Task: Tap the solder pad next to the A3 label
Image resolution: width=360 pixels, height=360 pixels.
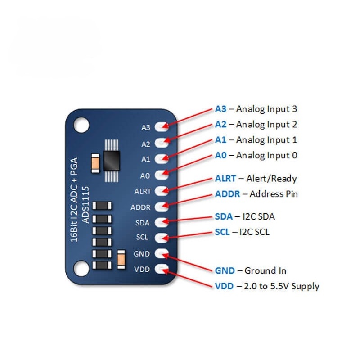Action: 161,127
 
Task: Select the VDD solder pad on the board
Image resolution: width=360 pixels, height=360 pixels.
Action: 161,270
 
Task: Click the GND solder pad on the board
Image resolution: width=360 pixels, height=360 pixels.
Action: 161,253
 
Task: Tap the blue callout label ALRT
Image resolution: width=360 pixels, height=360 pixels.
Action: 225,179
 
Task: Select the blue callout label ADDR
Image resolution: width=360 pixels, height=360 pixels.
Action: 227,194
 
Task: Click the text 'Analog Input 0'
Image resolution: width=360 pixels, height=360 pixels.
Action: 266,156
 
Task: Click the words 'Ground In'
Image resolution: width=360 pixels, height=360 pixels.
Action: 265,270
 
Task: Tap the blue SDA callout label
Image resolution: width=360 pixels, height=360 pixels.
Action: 224,216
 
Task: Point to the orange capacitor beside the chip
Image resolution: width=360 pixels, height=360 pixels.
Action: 95,163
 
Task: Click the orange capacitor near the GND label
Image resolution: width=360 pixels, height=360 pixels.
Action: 121,261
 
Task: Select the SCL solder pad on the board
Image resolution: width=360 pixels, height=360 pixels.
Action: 161,237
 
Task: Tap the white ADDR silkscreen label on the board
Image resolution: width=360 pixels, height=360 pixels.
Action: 140,208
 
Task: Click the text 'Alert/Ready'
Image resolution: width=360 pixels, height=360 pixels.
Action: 271,179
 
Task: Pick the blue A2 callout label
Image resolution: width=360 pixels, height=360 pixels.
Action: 220,124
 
